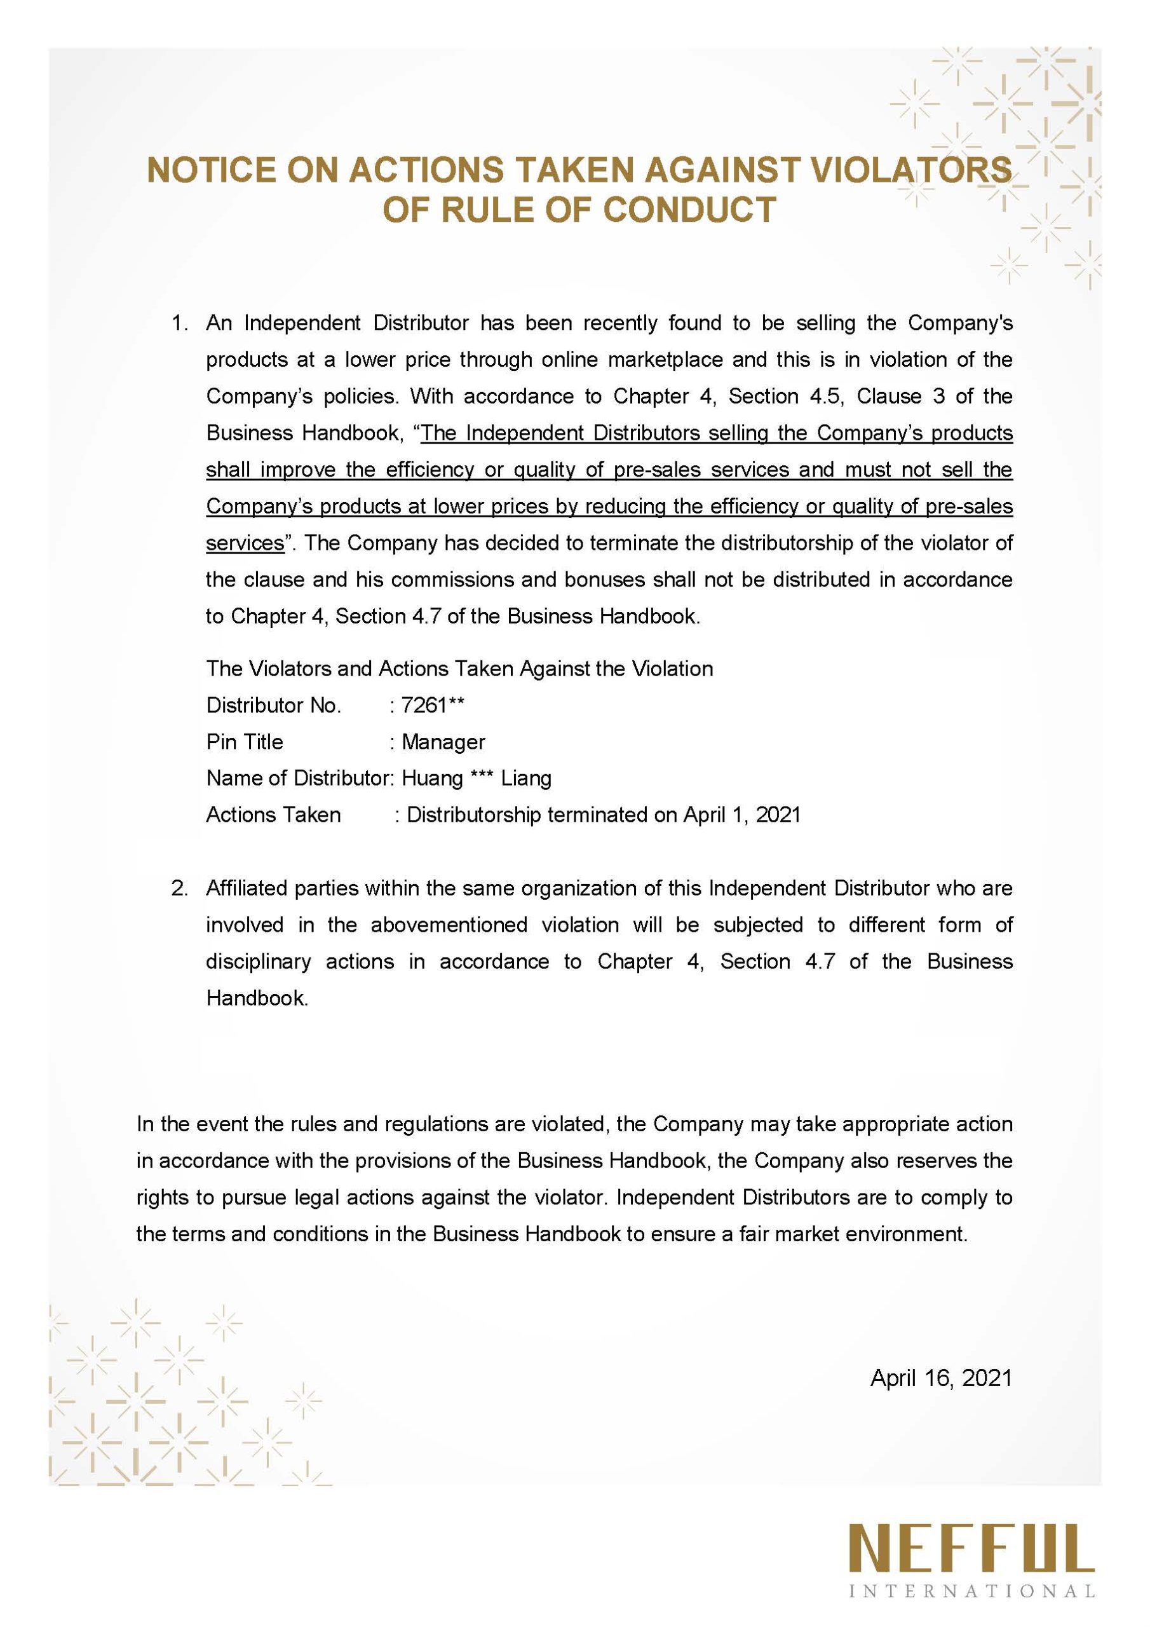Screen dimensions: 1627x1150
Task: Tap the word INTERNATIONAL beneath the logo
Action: [972, 1605]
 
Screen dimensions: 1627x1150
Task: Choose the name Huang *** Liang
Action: [476, 778]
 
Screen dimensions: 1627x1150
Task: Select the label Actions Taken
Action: [273, 815]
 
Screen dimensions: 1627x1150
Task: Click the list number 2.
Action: [179, 888]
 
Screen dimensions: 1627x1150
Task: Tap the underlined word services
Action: [245, 543]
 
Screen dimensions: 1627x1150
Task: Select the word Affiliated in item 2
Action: [245, 888]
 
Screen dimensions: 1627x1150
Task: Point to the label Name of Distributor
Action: [299, 778]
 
